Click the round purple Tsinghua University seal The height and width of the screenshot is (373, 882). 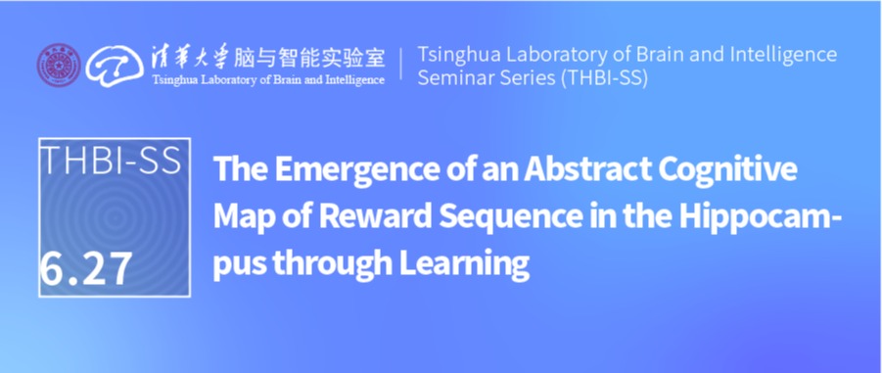(x=59, y=66)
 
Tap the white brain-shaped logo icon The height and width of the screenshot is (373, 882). (x=115, y=66)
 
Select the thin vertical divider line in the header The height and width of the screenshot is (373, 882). (x=401, y=64)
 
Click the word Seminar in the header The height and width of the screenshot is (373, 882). (x=452, y=78)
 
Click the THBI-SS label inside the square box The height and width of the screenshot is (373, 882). (x=112, y=160)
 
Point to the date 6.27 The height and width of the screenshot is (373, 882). (x=86, y=269)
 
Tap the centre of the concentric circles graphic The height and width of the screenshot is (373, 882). (x=115, y=216)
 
